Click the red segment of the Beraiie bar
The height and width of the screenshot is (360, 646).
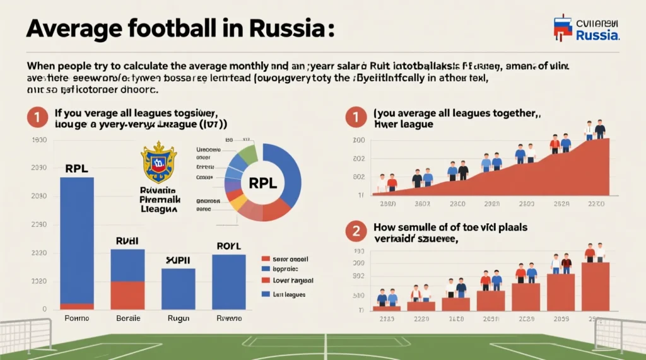click(127, 294)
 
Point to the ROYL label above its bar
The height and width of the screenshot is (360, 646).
click(228, 246)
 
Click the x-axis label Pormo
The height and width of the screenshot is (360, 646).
click(77, 318)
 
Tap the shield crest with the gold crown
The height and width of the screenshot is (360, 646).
click(159, 162)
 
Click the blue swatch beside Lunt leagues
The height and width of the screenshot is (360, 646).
click(266, 294)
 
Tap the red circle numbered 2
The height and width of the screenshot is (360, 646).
click(356, 231)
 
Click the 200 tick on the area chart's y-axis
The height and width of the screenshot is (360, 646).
click(359, 141)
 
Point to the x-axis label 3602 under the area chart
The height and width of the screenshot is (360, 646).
click(421, 204)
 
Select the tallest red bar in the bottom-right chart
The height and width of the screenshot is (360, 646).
click(595, 286)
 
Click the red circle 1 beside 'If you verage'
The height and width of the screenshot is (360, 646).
click(37, 118)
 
